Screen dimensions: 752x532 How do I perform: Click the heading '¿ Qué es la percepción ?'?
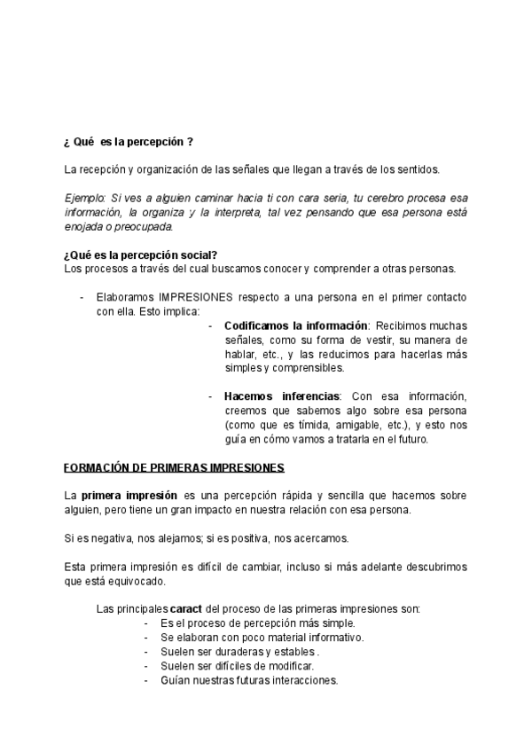(129, 141)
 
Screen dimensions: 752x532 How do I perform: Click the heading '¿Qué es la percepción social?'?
(142, 256)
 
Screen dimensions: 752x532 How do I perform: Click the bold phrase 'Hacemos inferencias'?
(282, 396)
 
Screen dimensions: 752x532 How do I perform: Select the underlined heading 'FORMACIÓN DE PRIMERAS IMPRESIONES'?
(175, 466)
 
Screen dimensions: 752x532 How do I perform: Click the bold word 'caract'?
(187, 609)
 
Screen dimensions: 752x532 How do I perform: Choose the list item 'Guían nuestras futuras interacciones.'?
(248, 680)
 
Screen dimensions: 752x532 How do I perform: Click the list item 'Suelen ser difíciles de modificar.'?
(237, 666)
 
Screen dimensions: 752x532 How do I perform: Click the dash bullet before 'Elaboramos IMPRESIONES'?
(82, 297)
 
